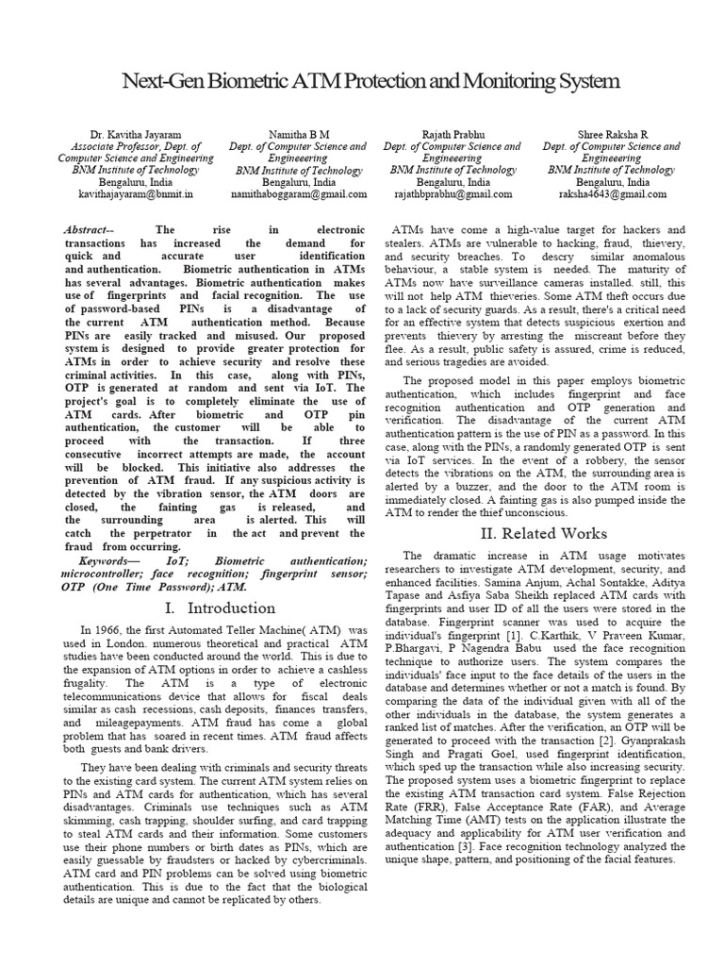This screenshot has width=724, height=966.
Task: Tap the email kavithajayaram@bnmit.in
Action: coord(136,193)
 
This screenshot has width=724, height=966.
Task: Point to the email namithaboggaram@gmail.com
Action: coord(299,193)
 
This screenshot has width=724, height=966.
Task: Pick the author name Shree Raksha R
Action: coord(612,135)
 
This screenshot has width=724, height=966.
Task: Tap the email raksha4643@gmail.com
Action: coord(613,193)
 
